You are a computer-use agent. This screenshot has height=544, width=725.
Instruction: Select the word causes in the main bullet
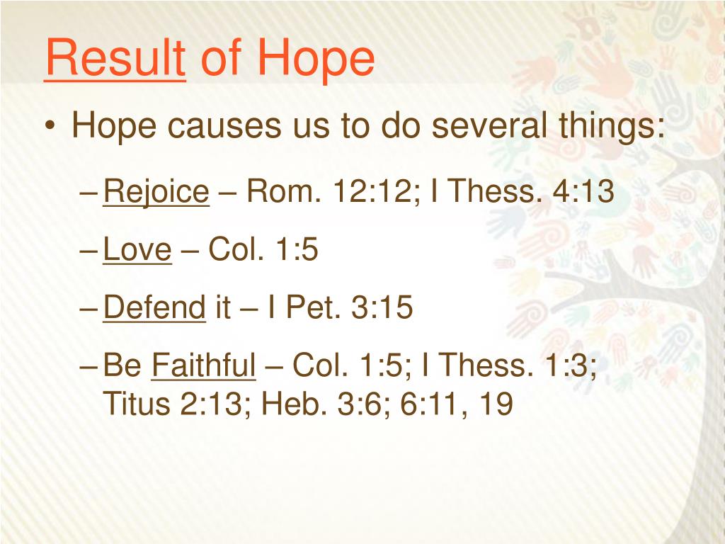click(x=224, y=126)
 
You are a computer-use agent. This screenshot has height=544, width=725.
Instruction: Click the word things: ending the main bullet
click(x=612, y=126)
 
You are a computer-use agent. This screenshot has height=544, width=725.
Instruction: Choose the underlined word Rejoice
click(x=156, y=191)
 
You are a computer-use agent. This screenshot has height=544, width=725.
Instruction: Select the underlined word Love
click(x=137, y=249)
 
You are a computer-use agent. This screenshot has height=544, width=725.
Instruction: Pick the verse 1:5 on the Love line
click(x=297, y=249)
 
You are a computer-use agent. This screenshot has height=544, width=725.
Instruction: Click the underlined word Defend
click(x=154, y=307)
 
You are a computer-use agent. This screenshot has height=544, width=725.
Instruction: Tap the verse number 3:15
click(x=382, y=307)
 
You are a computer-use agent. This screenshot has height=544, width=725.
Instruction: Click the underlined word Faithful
click(x=203, y=365)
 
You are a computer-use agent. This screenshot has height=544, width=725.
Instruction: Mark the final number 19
click(x=496, y=403)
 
